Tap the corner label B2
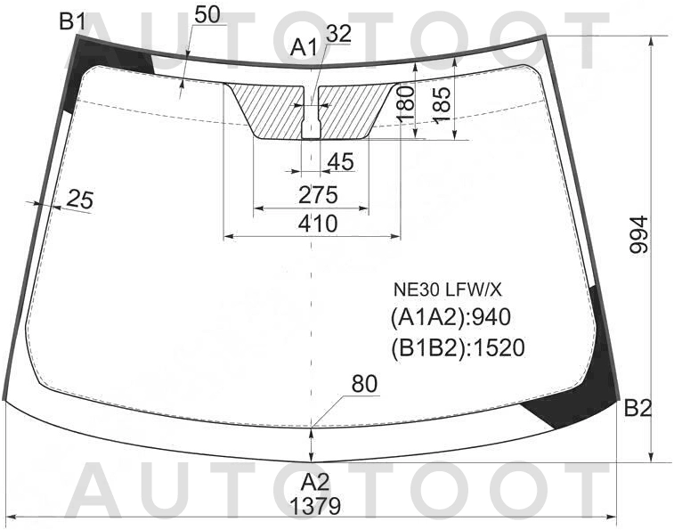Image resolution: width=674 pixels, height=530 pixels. point(637,408)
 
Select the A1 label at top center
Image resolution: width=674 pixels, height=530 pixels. point(304,47)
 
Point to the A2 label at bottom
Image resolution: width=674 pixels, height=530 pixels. point(315,483)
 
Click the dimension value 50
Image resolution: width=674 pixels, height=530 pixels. point(207,14)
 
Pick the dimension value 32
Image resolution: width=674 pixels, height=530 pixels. point(338,34)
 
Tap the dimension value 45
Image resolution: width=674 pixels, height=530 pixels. point(340,162)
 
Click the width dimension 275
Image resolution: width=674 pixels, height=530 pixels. point(319,195)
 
